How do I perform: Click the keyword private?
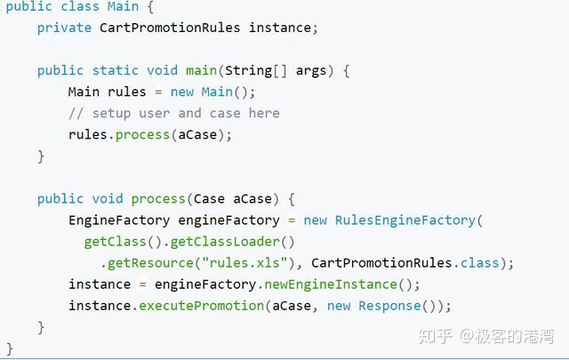click(64, 28)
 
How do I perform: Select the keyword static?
click(115, 70)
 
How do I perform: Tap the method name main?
click(202, 70)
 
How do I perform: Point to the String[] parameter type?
click(256, 71)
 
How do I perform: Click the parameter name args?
click(311, 71)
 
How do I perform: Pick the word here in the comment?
click(264, 113)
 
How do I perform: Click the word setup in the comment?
click(111, 114)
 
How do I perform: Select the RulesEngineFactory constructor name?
click(405, 220)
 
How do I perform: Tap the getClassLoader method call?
click(225, 242)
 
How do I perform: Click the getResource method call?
click(150, 263)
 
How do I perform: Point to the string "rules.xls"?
click(244, 262)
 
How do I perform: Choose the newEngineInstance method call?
click(331, 284)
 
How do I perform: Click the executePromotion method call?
click(202, 306)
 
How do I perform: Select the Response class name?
click(389, 306)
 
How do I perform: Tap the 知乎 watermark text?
click(435, 336)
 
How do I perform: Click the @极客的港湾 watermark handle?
click(507, 336)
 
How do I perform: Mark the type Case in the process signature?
click(209, 199)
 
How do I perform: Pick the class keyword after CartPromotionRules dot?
click(480, 263)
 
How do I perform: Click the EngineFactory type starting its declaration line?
click(119, 220)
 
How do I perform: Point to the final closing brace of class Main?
click(10, 348)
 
